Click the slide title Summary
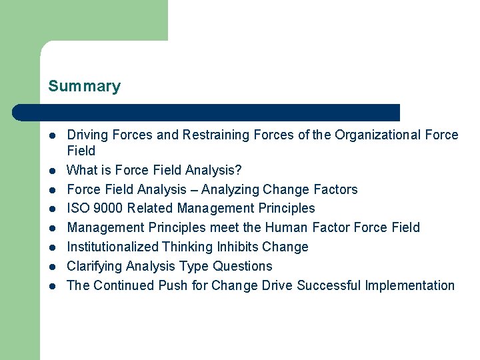[84, 87]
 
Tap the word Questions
[243, 267]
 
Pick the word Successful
[329, 286]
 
